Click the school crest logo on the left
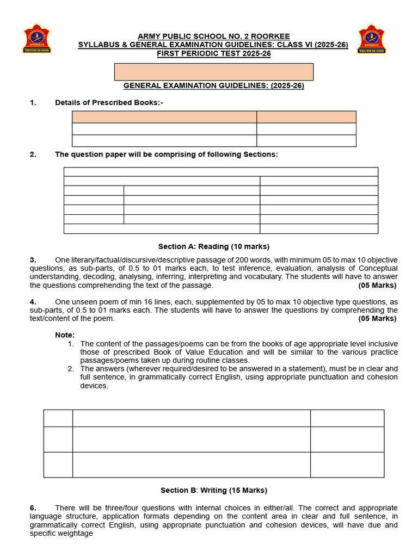(x=36, y=38)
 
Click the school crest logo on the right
(x=371, y=38)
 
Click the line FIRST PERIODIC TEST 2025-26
(x=214, y=53)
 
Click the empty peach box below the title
(x=213, y=72)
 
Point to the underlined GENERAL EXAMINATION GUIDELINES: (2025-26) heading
(x=213, y=86)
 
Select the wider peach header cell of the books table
(x=164, y=117)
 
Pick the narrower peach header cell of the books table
(x=306, y=117)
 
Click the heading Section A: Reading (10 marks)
(x=213, y=246)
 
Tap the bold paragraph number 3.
(x=33, y=260)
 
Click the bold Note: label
(x=65, y=335)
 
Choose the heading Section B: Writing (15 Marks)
(x=213, y=491)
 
